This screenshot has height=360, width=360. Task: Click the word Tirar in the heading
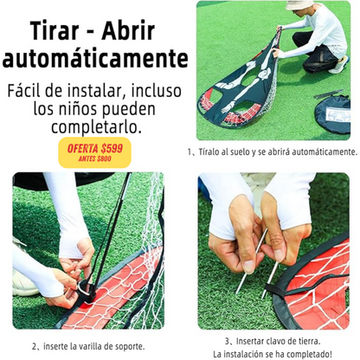pos(55,30)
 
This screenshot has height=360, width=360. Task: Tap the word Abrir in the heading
pos(128,30)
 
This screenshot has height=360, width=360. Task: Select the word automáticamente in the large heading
pos(95,58)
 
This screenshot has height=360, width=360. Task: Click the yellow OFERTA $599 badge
pos(95,152)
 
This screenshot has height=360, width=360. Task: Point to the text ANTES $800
pos(95,158)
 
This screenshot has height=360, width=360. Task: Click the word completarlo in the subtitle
pos(96,127)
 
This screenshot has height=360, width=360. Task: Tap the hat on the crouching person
pos(299,4)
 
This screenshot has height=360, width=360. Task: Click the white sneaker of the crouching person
pos(340,66)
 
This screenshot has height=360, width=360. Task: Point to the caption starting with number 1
pos(273,151)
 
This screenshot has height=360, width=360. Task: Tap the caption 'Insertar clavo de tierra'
pos(273,341)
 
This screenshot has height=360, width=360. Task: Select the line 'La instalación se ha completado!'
pos(273,354)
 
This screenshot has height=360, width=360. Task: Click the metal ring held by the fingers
pos(83,289)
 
